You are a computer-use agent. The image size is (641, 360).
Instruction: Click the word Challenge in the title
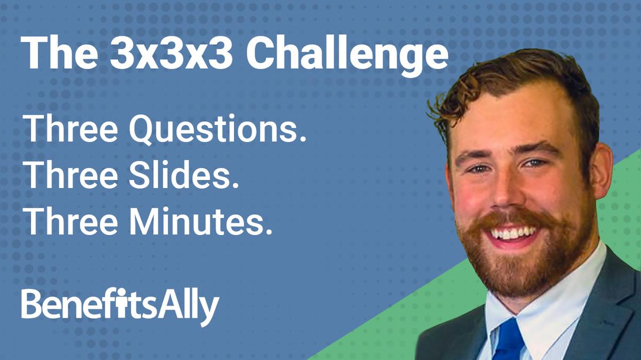347,52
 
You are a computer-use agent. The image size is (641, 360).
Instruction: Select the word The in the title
57,52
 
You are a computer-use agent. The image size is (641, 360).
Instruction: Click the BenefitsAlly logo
120,306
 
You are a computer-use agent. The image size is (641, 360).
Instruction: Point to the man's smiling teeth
514,232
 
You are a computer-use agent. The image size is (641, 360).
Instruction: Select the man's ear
603,171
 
